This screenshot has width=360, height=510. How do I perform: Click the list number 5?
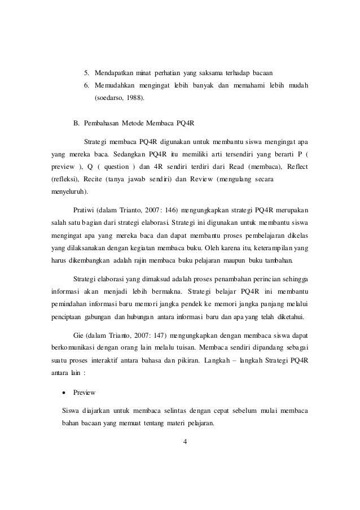click(86, 73)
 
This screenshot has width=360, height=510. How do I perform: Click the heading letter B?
click(77, 123)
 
